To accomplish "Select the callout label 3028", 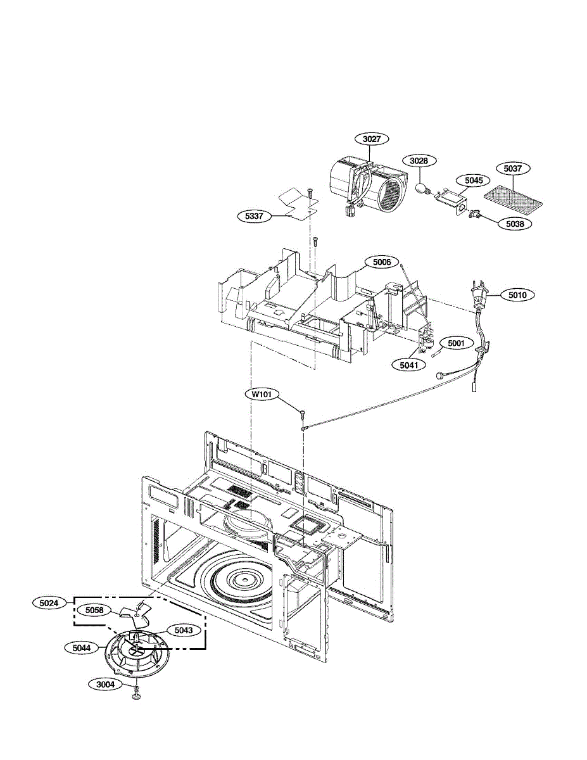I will pos(419,161).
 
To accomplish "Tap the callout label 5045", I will pos(473,180).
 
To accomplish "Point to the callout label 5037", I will pos(512,168).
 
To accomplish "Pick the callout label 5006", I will pos(381,262).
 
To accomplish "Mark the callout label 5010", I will pos(517,294).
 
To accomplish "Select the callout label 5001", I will pos(456,343).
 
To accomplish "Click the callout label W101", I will pos(262,394).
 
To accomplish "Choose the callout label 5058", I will pos(94,611).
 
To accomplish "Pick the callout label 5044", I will pos(80,648).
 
